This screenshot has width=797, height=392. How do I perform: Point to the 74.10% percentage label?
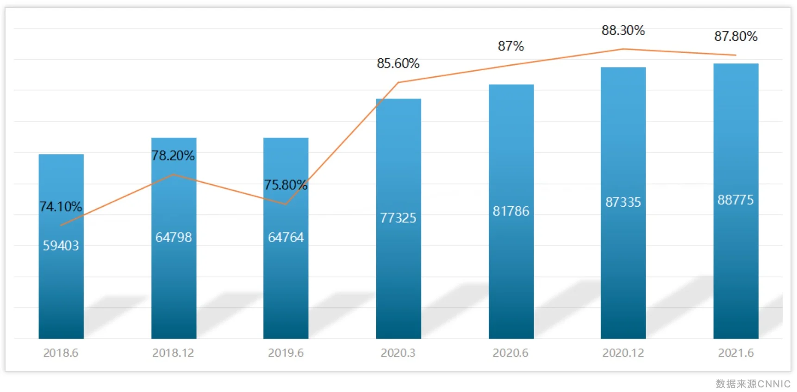pos(61,207)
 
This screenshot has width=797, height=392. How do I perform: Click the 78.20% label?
pos(173,156)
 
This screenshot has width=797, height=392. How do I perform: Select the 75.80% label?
pos(286,185)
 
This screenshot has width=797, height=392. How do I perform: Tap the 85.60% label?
pos(398,63)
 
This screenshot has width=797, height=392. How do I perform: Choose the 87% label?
pos(511,46)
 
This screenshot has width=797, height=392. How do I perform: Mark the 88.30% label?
pos(623,31)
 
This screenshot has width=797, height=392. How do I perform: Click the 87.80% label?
pos(736,37)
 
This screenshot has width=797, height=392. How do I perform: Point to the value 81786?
pos(511,211)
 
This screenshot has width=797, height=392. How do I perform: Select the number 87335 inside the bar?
pos(623,202)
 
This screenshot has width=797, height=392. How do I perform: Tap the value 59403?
pos(61,245)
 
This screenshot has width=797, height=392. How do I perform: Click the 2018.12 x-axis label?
pos(173,353)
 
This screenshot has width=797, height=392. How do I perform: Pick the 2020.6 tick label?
pos(511,353)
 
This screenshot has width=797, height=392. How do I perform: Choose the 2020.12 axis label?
pos(623,353)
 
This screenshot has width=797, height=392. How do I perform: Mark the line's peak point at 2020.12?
pos(623,49)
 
